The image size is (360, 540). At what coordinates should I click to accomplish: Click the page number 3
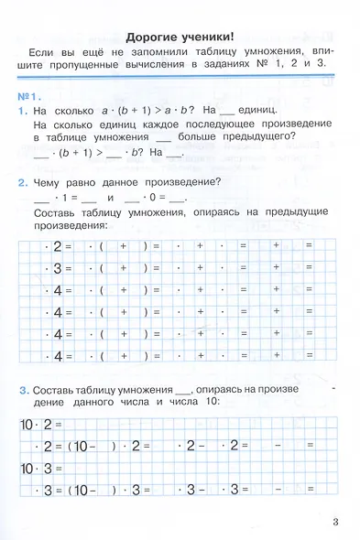(x=336, y=523)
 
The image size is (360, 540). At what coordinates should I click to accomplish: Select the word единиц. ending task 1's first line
(x=269, y=110)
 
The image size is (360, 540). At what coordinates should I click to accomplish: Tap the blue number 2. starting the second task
(x=22, y=182)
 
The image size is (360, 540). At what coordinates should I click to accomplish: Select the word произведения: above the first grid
(x=69, y=225)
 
